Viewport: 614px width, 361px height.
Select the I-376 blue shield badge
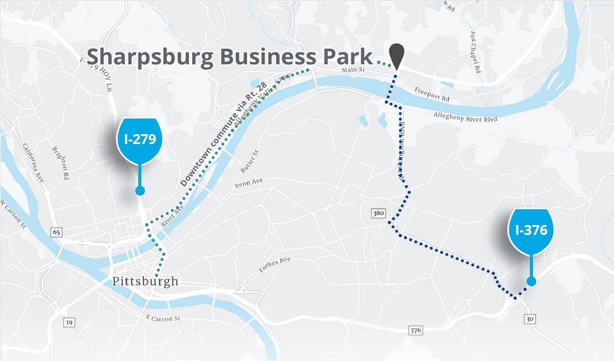click(x=531, y=231)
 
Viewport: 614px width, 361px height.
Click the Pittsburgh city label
click(x=145, y=281)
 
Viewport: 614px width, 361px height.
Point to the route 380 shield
click(x=378, y=213)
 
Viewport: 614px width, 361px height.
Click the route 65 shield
click(x=57, y=232)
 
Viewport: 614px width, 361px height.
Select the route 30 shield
click(x=530, y=319)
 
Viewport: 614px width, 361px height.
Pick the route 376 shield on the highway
click(x=415, y=329)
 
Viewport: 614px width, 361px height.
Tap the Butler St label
click(x=249, y=161)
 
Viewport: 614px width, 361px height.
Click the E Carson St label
click(x=163, y=319)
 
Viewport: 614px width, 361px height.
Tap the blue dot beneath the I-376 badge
click(x=531, y=281)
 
